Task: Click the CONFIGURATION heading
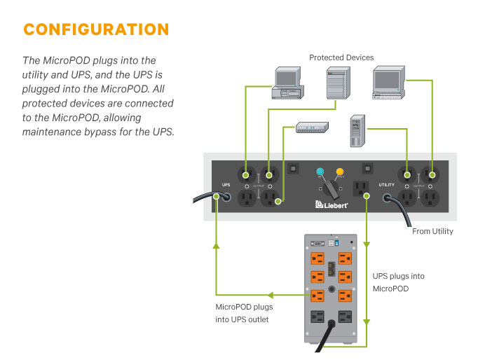(x=96, y=30)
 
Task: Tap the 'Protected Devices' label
(x=341, y=57)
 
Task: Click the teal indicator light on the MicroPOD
(x=320, y=172)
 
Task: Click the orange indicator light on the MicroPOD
(x=340, y=172)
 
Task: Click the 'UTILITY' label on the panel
(x=387, y=186)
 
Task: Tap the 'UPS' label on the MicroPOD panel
(x=225, y=186)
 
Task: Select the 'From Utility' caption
(x=432, y=231)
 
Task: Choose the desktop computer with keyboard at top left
(x=289, y=85)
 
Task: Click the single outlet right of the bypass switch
(x=360, y=187)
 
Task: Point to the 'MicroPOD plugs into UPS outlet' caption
(x=244, y=314)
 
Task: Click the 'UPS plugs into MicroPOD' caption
(x=397, y=282)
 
